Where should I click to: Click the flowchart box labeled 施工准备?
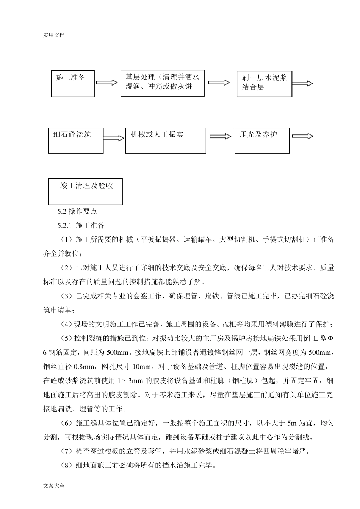tap(73, 84)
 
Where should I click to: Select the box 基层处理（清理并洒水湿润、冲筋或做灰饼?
tap(163, 83)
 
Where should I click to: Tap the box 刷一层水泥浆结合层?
tap(264, 84)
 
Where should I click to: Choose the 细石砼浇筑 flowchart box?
tap(76, 141)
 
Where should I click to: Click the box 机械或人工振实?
tap(166, 141)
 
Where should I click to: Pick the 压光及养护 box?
tap(262, 141)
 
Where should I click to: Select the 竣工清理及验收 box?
tap(85, 191)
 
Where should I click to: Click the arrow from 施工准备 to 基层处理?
tap(107, 83)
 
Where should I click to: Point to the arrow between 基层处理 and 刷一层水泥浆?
tap(219, 83)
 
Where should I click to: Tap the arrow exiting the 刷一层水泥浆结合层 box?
tap(302, 84)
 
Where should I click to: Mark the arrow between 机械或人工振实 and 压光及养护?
tap(220, 137)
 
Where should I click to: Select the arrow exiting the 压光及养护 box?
tap(302, 136)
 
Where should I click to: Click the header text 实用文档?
tap(54, 35)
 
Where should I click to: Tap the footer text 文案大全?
tap(54, 486)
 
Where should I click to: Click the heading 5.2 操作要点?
tap(77, 212)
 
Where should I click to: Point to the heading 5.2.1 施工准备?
tap(81, 226)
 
